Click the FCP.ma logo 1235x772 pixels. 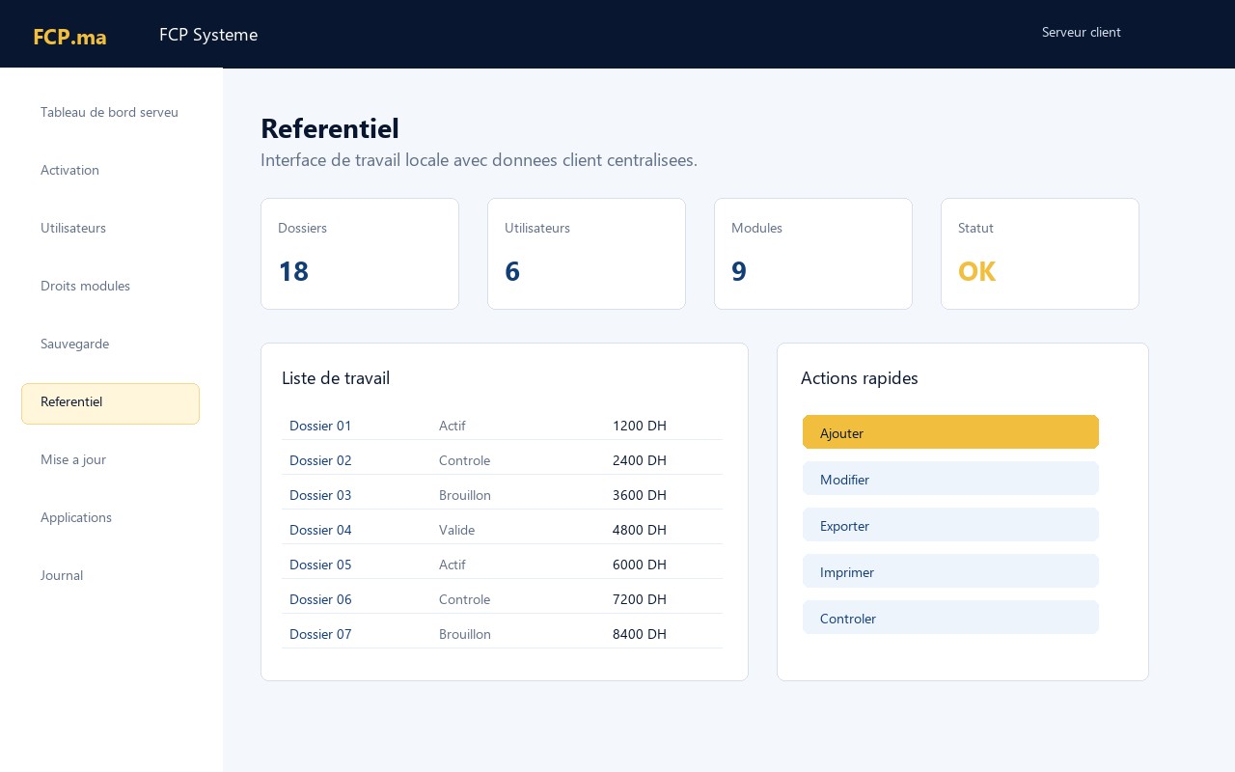tap(69, 37)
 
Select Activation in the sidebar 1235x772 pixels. tap(69, 170)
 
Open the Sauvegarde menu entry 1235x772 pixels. tap(74, 344)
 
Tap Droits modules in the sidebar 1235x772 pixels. tap(85, 286)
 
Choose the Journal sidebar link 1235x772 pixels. tap(61, 575)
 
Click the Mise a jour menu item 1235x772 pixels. tap(72, 460)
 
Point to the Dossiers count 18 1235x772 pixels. tap(293, 271)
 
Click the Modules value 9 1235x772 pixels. tap(739, 271)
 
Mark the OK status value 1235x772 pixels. tap(977, 271)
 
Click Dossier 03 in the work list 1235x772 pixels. tap(320, 495)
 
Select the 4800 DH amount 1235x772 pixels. tap(639, 530)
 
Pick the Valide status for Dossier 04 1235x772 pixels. tap(456, 530)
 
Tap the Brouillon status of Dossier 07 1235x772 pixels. tap(465, 634)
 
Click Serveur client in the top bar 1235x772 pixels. tap(1082, 32)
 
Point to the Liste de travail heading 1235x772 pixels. tap(336, 378)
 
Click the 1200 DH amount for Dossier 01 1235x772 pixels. tap(639, 426)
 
